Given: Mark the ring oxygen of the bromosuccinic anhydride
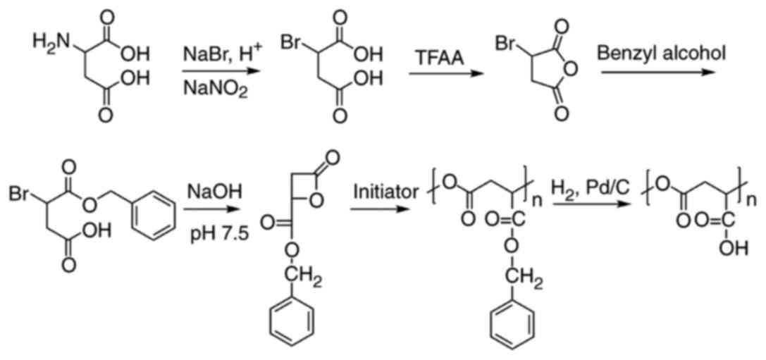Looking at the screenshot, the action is click(x=573, y=69).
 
